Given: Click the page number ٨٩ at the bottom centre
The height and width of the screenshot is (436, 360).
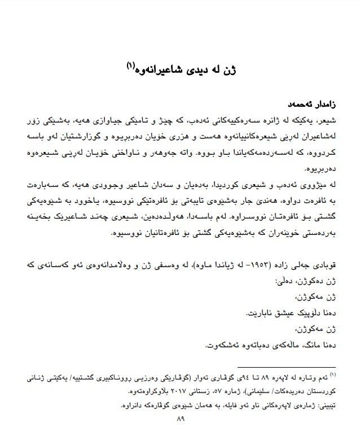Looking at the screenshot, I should [181, 419].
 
